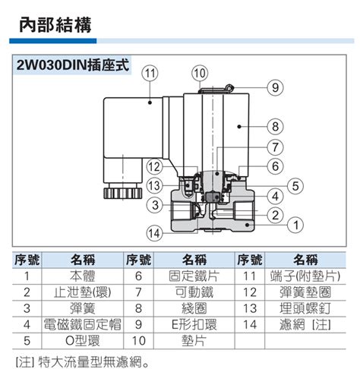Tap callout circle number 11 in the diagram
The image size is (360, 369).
click(x=150, y=73)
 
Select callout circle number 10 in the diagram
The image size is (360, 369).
click(x=199, y=73)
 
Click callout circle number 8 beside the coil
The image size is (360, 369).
click(x=275, y=126)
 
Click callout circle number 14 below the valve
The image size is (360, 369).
click(x=155, y=232)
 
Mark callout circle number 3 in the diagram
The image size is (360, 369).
click(x=154, y=203)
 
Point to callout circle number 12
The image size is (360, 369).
click(x=154, y=166)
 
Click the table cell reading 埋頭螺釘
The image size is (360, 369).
click(x=305, y=307)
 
